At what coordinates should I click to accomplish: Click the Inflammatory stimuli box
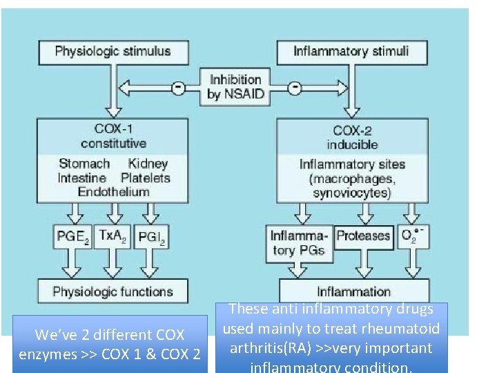pos(351,51)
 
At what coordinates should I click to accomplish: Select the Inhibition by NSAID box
pos(235,87)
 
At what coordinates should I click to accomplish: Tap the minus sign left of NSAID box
pos(178,87)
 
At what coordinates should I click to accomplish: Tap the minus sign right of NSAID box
pos(294,87)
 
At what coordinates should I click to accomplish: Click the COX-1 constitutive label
pos(113,137)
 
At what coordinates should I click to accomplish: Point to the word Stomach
pos(84,164)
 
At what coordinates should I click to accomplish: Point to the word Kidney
pos(148,164)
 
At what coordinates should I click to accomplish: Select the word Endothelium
pos(113,191)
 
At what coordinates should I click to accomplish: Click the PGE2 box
pos(71,237)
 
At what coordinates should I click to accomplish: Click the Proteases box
pos(363,236)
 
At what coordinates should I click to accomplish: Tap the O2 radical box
pos(412,236)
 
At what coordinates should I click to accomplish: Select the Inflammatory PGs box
pos(300,243)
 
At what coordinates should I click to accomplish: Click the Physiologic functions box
pos(113,291)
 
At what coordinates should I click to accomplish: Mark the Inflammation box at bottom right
pos(353,291)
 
